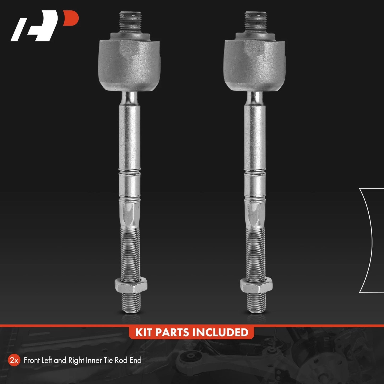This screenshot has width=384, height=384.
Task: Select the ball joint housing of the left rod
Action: pyautogui.click(x=129, y=65)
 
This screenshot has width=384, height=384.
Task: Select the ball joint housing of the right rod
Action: pyautogui.click(x=255, y=65)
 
